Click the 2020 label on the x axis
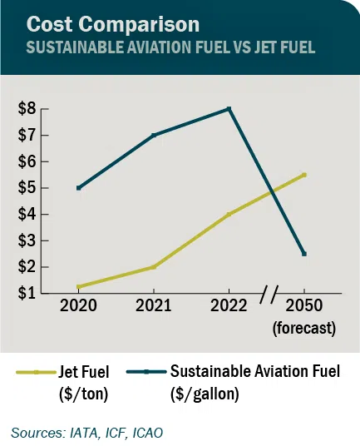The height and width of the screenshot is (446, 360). (x=78, y=305)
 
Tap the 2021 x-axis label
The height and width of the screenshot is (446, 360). (x=153, y=305)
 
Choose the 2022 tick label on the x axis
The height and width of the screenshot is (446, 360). (x=228, y=305)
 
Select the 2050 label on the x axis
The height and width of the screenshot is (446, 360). (x=303, y=305)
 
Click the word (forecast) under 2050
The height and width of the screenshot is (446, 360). (x=303, y=327)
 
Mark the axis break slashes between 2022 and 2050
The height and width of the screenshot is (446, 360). (x=268, y=294)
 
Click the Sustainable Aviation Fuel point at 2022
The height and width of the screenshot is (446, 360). (x=229, y=109)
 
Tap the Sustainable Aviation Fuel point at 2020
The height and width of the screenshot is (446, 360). (x=78, y=188)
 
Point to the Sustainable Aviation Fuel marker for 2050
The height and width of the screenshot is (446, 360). (x=304, y=254)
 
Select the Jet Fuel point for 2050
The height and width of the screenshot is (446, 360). (x=304, y=175)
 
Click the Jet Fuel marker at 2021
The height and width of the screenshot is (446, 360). (x=154, y=267)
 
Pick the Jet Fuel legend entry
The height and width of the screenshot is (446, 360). (x=67, y=378)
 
